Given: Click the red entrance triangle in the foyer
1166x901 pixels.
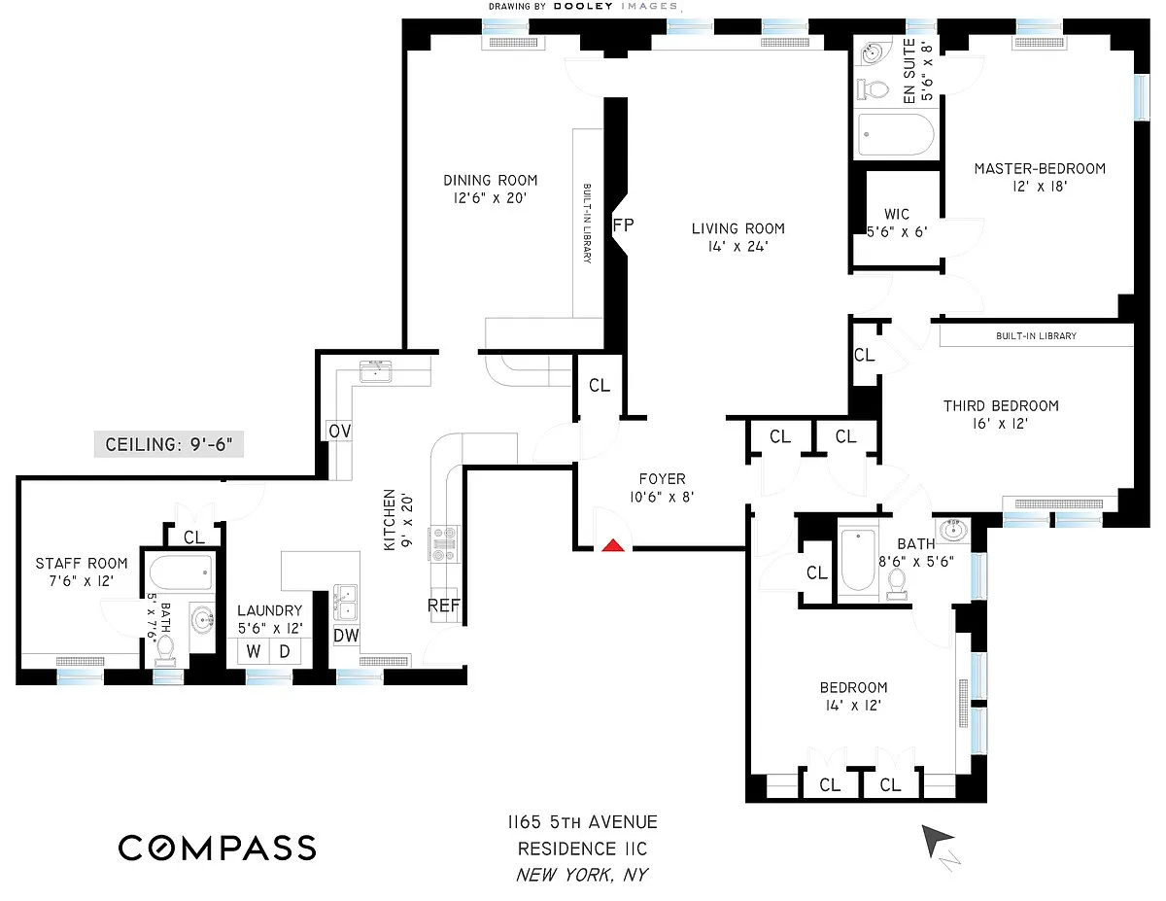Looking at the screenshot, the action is coord(613,546).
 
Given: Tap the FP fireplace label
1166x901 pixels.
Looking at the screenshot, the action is coord(623,225).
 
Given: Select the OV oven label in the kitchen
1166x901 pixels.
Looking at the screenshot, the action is coord(339,431).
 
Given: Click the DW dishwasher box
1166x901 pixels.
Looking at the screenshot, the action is coord(346,636).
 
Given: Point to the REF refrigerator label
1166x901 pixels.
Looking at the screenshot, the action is coord(444,606).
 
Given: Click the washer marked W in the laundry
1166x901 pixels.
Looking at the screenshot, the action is coord(254,651).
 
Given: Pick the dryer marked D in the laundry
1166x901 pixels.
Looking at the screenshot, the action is coord(285,651).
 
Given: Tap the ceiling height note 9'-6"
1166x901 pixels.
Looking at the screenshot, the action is coord(168,444).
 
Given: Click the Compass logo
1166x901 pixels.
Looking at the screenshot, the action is coord(218,848).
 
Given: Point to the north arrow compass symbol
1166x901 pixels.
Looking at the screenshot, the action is coord(938,843).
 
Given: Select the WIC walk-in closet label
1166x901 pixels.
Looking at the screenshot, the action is coord(897,214).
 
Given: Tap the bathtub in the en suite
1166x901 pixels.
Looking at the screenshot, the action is coord(896,134).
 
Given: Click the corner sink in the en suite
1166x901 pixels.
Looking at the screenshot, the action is coord(872,53).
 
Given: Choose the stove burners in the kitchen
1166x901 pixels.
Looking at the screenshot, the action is coord(444,543).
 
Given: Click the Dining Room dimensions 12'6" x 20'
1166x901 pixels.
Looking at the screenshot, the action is coord(490,198).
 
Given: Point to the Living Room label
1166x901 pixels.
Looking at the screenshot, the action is coord(737,228).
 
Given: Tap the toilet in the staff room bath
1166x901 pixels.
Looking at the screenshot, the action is coord(165,650).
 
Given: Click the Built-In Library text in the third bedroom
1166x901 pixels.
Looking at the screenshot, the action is coord(1036,336).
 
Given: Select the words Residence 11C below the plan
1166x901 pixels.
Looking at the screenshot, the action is coord(582,849).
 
